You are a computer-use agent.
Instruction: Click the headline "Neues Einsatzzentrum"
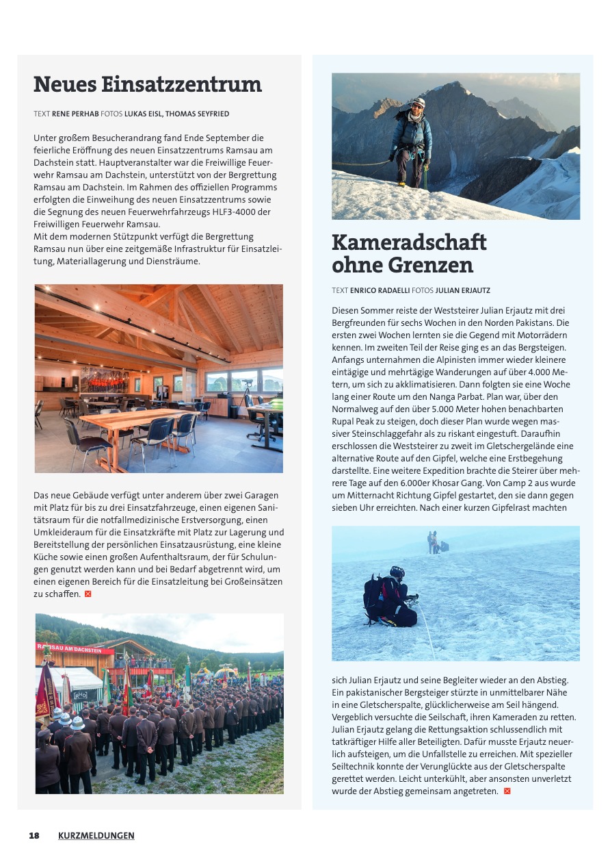pyautogui.click(x=147, y=84)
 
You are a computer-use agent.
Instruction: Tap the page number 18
pyautogui.click(x=34, y=835)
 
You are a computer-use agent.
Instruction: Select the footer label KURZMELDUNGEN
pyautogui.click(x=96, y=835)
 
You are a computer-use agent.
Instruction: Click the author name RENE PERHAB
pyautogui.click(x=75, y=114)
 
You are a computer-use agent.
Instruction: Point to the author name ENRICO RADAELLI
pyautogui.click(x=380, y=290)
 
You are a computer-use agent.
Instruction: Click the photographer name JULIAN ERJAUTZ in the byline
pyautogui.click(x=463, y=290)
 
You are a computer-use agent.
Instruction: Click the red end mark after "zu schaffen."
pyautogui.click(x=88, y=594)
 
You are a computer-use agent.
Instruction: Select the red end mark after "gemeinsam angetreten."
pyautogui.click(x=507, y=791)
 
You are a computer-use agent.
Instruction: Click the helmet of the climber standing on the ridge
pyautogui.click(x=418, y=103)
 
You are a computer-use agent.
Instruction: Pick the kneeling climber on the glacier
pyautogui.click(x=391, y=597)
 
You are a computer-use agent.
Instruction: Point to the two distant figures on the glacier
pyautogui.click(x=434, y=542)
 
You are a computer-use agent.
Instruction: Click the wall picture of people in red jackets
pyautogui.click(x=104, y=380)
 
